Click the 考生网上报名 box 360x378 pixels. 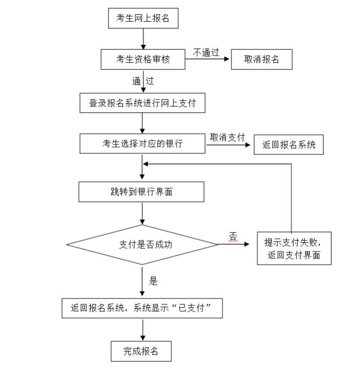tap(142, 19)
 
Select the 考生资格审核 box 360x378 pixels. tap(142, 60)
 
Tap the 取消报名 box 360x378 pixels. tap(261, 60)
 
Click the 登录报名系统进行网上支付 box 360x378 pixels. tap(142, 103)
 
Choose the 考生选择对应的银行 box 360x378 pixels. tap(142, 143)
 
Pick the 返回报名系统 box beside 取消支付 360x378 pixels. tap(288, 144)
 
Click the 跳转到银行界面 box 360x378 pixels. tap(141, 192)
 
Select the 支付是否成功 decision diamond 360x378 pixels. tap(142, 245)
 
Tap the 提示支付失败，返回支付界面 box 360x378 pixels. tap(294, 248)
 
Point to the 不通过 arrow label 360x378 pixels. tap(206, 52)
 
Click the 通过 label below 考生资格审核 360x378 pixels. tap(143, 81)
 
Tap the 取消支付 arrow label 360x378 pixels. tap(228, 137)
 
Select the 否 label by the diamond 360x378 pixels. tap(233, 236)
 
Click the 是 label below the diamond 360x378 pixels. tap(153, 281)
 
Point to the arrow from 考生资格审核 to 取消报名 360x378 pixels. tap(208, 60)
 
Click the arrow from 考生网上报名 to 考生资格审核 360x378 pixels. tap(143, 38)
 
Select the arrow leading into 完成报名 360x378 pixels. tap(143, 330)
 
